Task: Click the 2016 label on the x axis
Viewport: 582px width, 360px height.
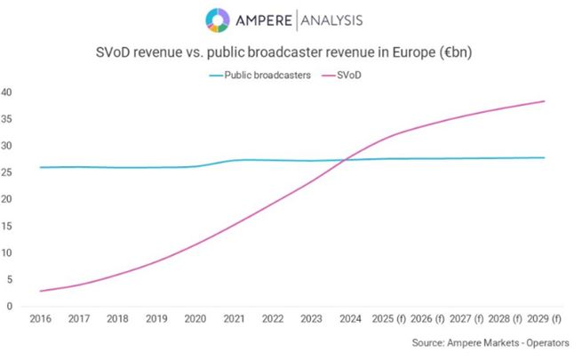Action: point(40,318)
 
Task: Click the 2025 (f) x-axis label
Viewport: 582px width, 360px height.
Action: point(390,318)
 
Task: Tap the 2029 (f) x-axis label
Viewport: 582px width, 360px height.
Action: point(545,318)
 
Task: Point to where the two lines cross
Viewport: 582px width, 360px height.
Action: point(345,159)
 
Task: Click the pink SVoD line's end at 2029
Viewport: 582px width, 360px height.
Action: point(545,101)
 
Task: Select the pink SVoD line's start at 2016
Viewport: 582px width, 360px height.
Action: point(40,291)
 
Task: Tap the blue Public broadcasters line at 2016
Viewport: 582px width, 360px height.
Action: point(40,167)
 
